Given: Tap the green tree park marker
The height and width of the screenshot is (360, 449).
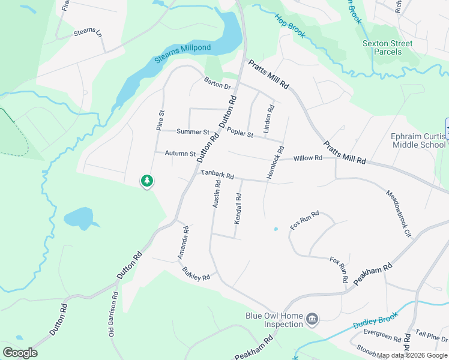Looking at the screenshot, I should pyautogui.click(x=146, y=181).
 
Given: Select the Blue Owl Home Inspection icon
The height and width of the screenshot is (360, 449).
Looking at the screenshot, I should pyautogui.click(x=312, y=319).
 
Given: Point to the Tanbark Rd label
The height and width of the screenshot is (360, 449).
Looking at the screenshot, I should pyautogui.click(x=217, y=175).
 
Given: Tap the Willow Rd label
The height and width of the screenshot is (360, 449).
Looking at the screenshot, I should pyautogui.click(x=308, y=158).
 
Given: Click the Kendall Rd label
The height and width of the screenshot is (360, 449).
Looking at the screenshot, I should pyautogui.click(x=238, y=209).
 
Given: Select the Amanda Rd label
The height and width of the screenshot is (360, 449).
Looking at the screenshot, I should pyautogui.click(x=183, y=242).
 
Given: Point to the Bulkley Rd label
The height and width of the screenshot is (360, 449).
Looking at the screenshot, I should pyautogui.click(x=196, y=274).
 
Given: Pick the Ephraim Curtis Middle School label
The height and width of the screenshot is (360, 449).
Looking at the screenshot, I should pyautogui.click(x=418, y=140).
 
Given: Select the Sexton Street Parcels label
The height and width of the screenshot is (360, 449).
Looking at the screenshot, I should pyautogui.click(x=387, y=47).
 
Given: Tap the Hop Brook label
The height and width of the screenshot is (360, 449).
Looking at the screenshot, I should pyautogui.click(x=291, y=26).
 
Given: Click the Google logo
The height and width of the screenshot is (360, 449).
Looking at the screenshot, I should pyautogui.click(x=20, y=353).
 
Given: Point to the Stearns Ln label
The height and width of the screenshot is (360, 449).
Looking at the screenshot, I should pyautogui.click(x=89, y=34).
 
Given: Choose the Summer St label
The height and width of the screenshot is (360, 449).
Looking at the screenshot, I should pyautogui.click(x=192, y=131).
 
